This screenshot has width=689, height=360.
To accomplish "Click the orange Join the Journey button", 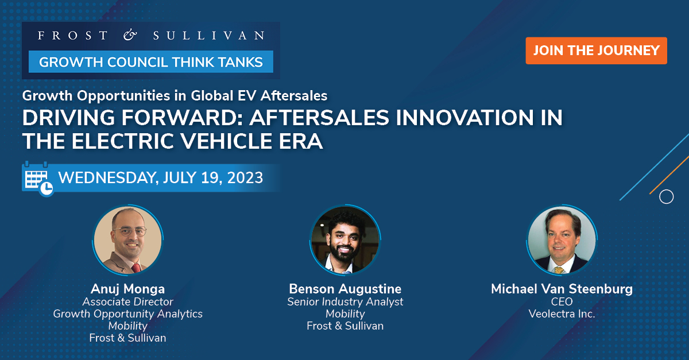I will pos(596,51).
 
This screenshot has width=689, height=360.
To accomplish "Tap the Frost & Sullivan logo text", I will pos(151,36).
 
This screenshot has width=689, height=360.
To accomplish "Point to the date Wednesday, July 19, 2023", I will pos(161,177).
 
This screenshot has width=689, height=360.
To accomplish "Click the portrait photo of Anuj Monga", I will pos(127,241).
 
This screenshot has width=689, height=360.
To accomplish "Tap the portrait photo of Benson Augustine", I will pos(344,241).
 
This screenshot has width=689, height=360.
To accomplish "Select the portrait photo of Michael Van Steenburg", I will pos(562,241).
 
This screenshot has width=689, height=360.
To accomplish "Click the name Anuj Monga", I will pos(127,288).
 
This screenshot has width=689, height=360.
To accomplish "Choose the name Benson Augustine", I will pos(345,288).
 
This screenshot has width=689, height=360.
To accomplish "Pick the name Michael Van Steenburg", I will pos(562,289).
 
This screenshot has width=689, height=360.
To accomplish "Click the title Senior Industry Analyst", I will pos(345,301).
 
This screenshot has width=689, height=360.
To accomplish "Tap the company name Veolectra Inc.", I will pos(562,314).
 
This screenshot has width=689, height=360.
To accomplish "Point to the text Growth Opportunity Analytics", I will pos(127,313).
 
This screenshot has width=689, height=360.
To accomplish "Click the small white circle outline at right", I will pos(666,197).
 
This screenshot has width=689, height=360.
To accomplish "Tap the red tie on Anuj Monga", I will pos(136,268).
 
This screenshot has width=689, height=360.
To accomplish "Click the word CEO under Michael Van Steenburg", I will pos(562,302).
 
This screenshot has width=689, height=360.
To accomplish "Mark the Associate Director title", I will pos(127,301).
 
